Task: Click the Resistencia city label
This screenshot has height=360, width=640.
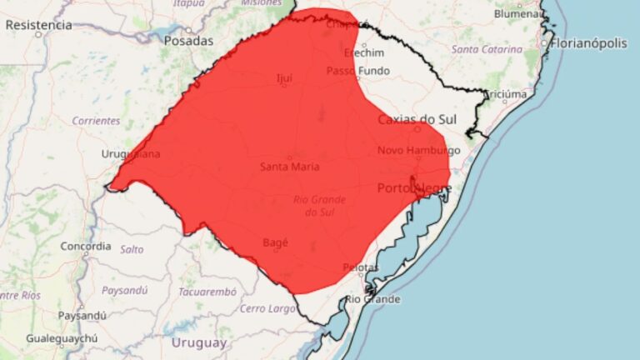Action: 38,25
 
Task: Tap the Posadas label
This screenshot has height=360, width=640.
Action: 188,40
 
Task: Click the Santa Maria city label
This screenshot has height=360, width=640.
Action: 290,167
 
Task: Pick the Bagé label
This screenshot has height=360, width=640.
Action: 275,242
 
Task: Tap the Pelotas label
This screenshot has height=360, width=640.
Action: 361,267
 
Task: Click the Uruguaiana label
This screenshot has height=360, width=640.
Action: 131,154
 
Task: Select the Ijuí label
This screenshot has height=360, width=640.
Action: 284,79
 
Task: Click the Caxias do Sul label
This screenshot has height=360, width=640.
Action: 417,119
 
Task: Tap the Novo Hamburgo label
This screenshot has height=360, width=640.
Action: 419,150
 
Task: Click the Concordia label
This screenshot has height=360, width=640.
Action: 86,246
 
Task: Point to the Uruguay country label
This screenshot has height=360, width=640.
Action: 198,342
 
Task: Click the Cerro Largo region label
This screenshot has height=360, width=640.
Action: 268,308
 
